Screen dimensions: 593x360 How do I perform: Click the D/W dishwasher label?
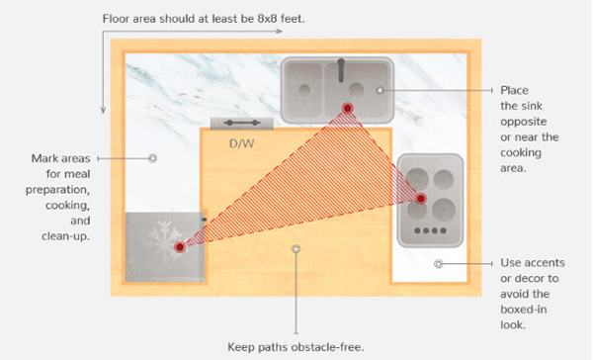[x=242, y=143]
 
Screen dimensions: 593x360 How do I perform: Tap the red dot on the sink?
[x=347, y=108]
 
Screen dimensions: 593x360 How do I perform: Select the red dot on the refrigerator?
[x=180, y=247]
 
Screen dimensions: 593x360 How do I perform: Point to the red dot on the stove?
[x=421, y=199]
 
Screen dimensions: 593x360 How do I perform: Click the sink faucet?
[x=341, y=70]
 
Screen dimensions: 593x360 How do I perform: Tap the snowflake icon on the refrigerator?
[x=164, y=241]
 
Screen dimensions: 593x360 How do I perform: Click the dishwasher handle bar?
[x=242, y=123]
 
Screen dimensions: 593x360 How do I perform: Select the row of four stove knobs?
[x=430, y=230]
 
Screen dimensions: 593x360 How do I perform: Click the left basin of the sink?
[x=304, y=89]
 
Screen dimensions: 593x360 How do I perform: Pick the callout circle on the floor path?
[x=296, y=248]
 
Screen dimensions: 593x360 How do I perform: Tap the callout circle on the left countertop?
[x=153, y=158]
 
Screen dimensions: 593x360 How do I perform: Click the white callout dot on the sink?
[x=381, y=90]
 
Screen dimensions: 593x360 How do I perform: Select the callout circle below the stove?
[x=438, y=263]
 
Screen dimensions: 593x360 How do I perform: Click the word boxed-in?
[x=524, y=310]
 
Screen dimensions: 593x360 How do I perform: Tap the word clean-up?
[x=66, y=236]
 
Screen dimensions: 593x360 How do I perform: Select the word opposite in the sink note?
[x=524, y=123]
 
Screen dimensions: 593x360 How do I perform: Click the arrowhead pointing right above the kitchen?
[x=279, y=31]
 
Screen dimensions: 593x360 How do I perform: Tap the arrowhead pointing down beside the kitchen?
[x=103, y=110]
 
